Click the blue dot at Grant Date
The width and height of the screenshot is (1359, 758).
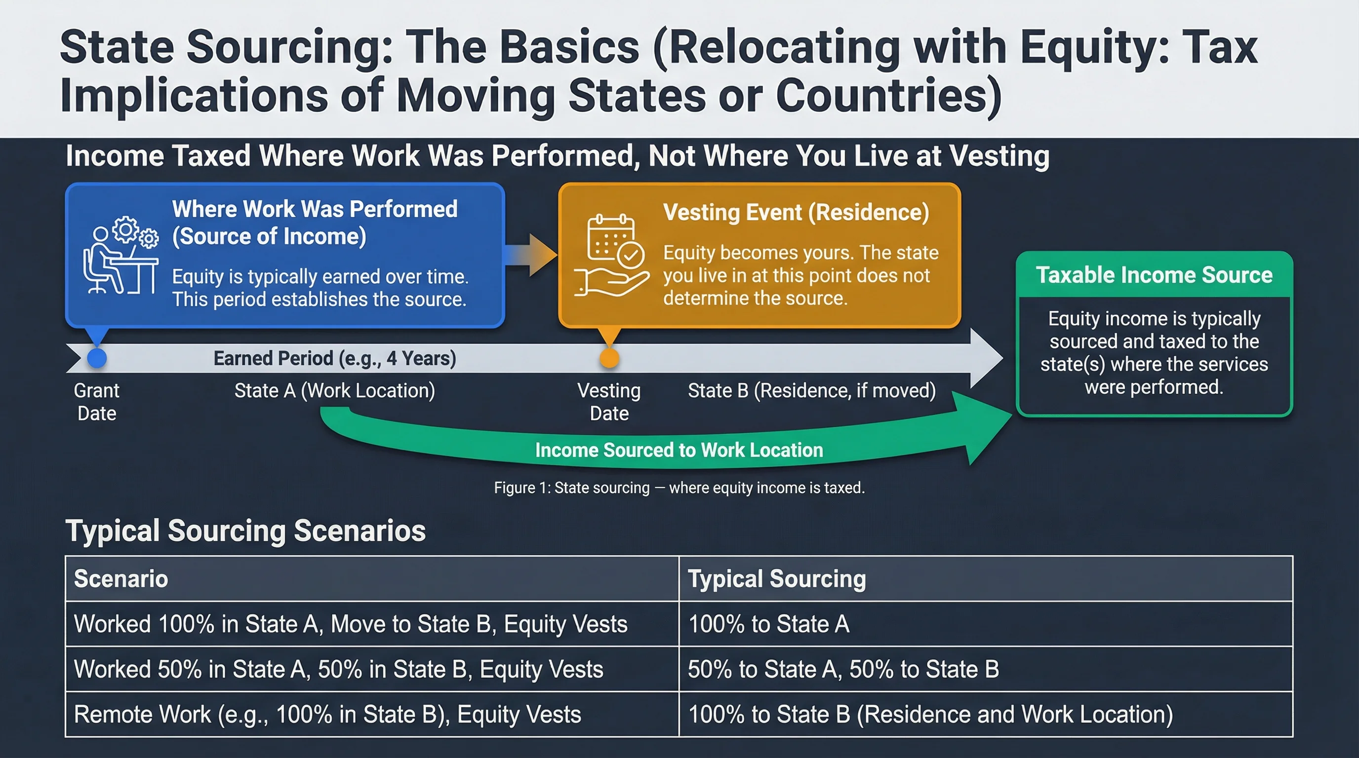coord(97,358)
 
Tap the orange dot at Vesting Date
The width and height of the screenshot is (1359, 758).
coord(609,358)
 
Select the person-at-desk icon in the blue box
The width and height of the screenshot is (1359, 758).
coord(120,255)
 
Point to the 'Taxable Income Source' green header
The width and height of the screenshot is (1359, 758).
coord(1154,275)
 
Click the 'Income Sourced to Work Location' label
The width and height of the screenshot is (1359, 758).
coord(679,450)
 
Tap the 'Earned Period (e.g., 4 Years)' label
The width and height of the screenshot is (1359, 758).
coord(334,358)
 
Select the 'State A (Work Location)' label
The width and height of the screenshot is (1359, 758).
coord(334,390)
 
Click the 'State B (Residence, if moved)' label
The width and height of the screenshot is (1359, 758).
coord(811,390)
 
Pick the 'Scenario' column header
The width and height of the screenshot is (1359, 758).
coord(121,579)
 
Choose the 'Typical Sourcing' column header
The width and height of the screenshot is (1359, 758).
coord(777,579)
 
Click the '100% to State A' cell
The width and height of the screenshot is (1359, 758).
coord(769,624)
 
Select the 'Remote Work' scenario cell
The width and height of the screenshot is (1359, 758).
coord(327,715)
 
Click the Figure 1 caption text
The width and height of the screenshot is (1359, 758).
coord(679,488)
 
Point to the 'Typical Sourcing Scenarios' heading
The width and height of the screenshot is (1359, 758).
coord(245,531)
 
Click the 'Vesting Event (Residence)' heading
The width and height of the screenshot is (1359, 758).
coord(796,212)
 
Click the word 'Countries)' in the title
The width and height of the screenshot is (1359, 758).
coord(888,96)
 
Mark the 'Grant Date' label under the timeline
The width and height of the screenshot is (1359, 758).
coord(97,402)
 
